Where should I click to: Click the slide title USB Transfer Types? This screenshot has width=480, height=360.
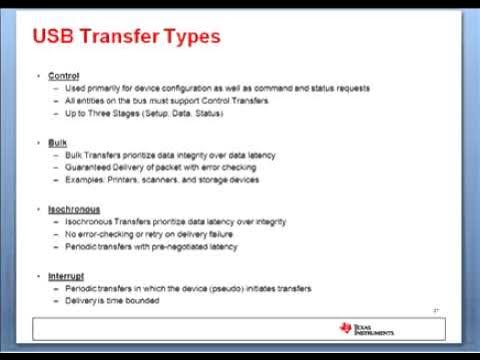pos(127,38)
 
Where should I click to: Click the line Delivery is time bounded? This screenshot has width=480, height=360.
pos(112,300)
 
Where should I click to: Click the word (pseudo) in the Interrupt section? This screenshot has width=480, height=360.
pos(204,288)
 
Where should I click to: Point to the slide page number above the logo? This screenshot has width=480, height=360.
pos(437,310)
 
